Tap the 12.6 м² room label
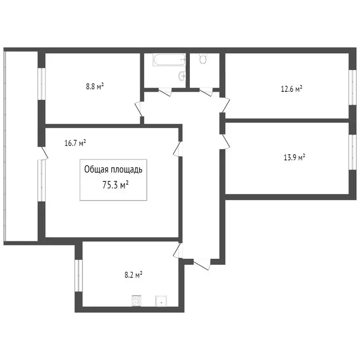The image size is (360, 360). pyautogui.click(x=291, y=88)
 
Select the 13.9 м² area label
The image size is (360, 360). pyautogui.click(x=294, y=157)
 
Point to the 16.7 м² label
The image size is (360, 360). pyautogui.click(x=75, y=143)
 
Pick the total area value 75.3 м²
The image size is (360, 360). pyautogui.click(x=115, y=185)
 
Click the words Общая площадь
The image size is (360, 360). pyautogui.click(x=116, y=169)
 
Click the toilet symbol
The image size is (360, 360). pyautogui.click(x=203, y=59)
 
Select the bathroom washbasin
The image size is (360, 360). pyautogui.click(x=182, y=76)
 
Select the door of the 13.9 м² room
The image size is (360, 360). pyautogui.click(x=225, y=141)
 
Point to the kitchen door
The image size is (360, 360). pyautogui.click(x=177, y=251)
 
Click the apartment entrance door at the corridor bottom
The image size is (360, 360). pyautogui.click(x=202, y=264)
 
